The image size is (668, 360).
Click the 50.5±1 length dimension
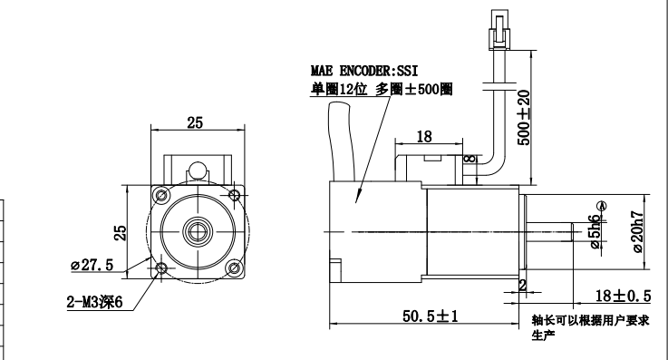coord(431,316)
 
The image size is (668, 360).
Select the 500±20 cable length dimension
coord(524,118)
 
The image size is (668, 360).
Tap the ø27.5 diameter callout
coord(92,265)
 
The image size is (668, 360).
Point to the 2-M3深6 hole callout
coord(94,302)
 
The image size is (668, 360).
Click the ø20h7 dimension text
coord(638,231)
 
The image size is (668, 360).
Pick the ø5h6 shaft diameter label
coord(595,231)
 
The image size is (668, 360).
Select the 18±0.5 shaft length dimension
coord(623,296)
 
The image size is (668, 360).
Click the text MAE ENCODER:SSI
coord(364,71)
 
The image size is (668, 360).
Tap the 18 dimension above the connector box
coord(424,137)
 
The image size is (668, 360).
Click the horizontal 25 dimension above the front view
coord(195,122)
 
